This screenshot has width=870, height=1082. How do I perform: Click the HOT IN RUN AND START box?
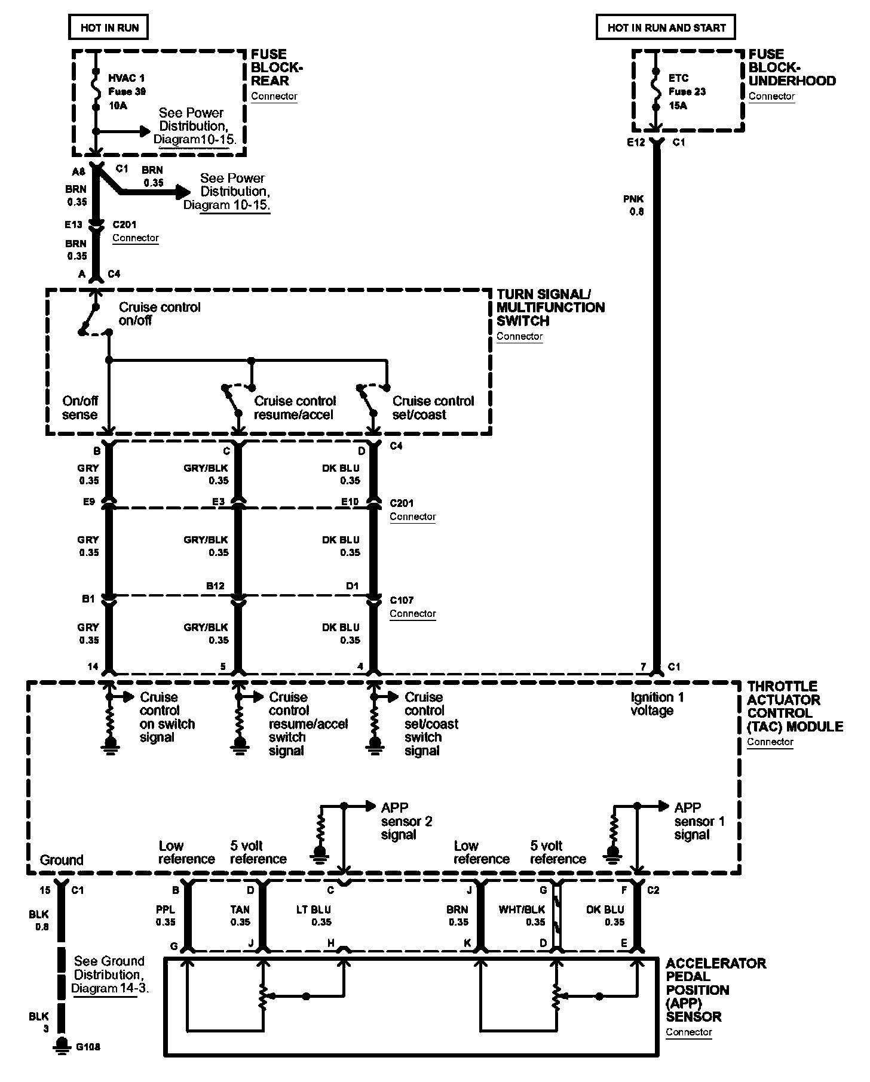click(x=666, y=27)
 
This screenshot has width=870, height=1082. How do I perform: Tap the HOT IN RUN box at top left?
click(x=109, y=27)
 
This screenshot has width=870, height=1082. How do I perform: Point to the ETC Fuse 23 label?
click(x=687, y=91)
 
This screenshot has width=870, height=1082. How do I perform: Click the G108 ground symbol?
click(x=61, y=1061)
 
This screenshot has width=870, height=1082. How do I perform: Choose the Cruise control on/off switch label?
click(x=160, y=313)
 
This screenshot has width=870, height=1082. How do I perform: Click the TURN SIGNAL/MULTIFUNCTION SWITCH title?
click(x=550, y=307)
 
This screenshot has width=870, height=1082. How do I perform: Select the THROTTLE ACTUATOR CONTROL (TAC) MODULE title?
click(x=795, y=706)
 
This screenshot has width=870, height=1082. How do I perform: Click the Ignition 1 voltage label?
click(x=657, y=703)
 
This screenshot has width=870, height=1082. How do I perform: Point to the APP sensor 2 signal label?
click(x=406, y=820)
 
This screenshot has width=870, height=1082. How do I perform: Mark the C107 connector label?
click(x=402, y=600)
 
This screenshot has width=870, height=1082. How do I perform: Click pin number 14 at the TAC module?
click(x=93, y=666)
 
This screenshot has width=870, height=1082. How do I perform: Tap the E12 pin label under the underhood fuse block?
click(x=636, y=143)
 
